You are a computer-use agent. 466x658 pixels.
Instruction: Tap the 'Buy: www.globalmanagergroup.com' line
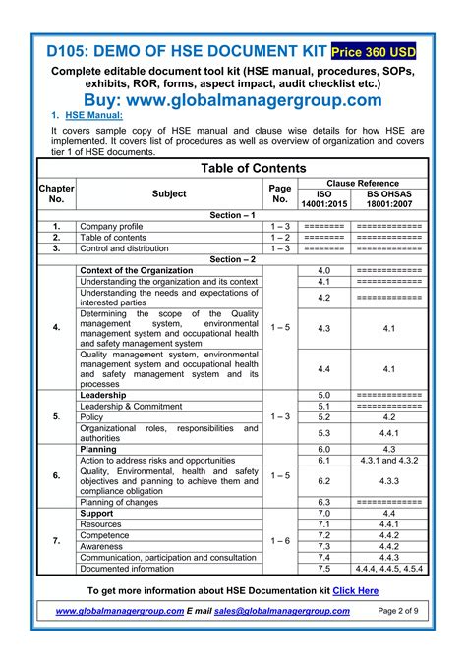[232, 100]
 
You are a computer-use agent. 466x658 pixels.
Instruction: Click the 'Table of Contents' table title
[233, 169]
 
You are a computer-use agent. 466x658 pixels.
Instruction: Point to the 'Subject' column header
[169, 193]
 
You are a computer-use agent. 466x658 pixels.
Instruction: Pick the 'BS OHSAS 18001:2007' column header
[388, 200]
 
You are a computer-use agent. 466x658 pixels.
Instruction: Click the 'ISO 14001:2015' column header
[324, 200]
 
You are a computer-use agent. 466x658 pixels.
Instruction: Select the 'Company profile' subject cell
[111, 226]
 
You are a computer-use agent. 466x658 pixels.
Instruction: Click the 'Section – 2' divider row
[233, 259]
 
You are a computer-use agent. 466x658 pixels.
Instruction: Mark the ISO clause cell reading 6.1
[324, 460]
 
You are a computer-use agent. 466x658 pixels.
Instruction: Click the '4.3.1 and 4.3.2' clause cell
[388, 460]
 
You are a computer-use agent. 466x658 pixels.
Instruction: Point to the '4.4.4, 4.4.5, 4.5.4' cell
[388, 568]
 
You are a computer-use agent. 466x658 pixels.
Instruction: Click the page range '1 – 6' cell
[280, 541]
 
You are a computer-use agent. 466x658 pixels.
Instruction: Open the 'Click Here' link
[355, 591]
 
